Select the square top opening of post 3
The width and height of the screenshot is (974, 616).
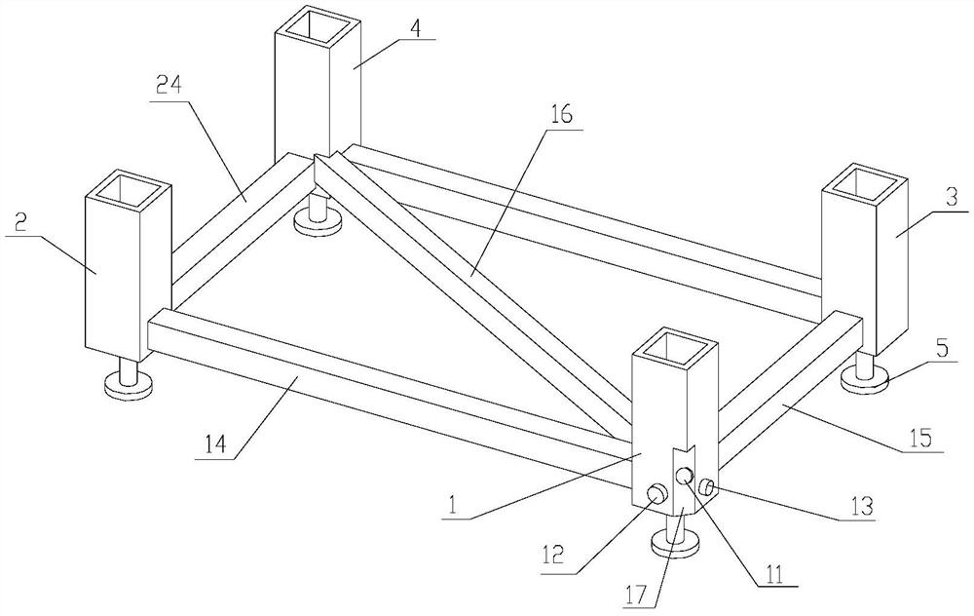click(x=867, y=182)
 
